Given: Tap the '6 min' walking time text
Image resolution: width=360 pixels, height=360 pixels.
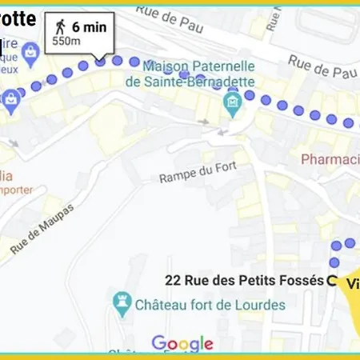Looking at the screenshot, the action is click(88, 26).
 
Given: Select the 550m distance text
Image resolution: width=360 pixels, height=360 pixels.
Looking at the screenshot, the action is click(66, 41).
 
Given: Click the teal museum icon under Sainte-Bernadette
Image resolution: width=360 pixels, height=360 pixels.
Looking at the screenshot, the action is click(233, 102).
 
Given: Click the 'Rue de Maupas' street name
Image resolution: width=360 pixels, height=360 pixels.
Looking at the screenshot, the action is click(42, 230).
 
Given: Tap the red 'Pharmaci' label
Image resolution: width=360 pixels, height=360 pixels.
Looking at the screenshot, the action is click(330, 159).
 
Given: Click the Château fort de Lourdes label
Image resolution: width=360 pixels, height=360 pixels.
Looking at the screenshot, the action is click(210, 306).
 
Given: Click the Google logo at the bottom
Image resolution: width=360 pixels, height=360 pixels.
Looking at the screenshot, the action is click(182, 344).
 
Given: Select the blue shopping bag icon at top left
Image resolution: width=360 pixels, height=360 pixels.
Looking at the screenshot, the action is click(30, 55).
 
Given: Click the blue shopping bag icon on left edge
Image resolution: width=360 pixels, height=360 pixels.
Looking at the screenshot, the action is click(10, 99).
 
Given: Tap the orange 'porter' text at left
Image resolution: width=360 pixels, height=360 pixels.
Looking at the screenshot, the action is click(16, 190).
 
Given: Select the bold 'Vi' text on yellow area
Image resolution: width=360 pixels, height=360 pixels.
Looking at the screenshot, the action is click(352, 284).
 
